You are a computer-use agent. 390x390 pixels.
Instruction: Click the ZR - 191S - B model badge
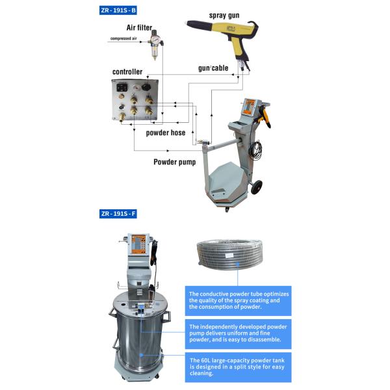tap(118, 12)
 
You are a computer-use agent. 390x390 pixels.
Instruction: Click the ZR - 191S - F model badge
tap(118, 213)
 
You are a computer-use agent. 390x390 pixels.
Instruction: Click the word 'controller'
tap(127, 71)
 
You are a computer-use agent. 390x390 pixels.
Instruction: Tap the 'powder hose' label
tap(164, 133)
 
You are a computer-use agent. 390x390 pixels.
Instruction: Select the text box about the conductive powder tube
tap(238, 300)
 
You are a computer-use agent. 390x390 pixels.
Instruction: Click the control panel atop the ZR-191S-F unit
tap(140, 246)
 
